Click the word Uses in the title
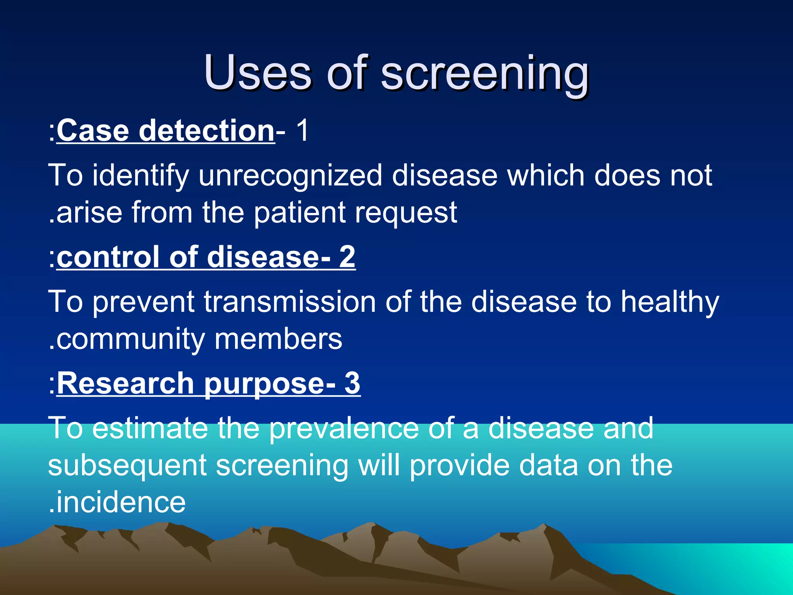pos(257,72)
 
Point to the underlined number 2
pos(347,257)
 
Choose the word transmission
pos(290,302)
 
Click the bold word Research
pos(125,383)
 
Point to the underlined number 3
pos(352,383)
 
